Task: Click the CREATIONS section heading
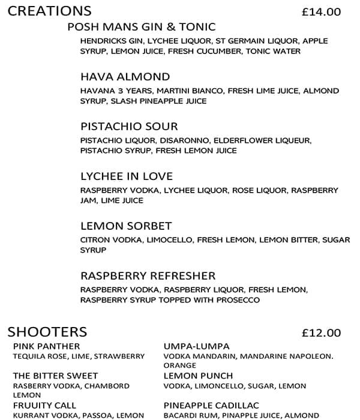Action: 50,11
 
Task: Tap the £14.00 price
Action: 321,11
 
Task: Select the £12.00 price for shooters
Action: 321,333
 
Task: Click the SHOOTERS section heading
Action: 47,332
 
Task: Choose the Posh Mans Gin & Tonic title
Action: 141,27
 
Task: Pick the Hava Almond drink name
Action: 125,77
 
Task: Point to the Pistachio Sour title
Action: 129,127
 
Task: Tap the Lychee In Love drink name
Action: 127,176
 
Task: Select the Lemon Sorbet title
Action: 126,226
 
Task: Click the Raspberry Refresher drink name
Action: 148,276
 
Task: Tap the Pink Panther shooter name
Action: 46,346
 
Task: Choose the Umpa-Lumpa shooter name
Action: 188,346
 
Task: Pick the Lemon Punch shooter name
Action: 190,376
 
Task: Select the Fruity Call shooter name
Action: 44,406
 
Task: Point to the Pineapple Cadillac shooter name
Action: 211,406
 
